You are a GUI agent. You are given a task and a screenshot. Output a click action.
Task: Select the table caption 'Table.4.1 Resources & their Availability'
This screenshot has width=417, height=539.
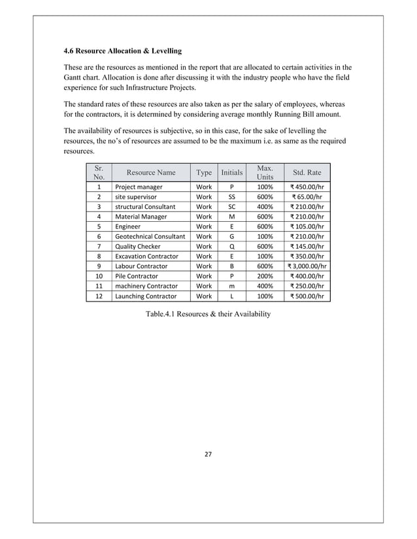[x=208, y=314]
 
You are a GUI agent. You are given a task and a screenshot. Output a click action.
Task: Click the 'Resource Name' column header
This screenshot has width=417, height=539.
[x=151, y=172]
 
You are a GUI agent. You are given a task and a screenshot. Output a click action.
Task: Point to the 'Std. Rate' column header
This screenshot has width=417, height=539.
[x=307, y=172]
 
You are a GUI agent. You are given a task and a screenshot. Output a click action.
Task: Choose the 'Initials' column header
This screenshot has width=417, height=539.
[x=231, y=172]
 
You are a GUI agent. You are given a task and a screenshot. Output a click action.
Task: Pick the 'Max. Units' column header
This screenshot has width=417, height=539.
[x=265, y=172]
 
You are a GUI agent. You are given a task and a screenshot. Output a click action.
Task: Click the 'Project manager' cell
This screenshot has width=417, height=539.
[x=139, y=187]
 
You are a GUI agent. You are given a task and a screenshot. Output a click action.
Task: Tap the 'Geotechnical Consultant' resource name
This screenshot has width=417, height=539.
[x=150, y=236]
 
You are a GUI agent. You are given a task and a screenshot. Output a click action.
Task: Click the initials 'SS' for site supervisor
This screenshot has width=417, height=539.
[x=231, y=196]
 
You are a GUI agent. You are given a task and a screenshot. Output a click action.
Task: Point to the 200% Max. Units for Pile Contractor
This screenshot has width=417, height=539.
[x=265, y=276]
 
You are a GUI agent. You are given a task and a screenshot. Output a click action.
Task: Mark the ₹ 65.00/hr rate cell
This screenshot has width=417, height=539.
[x=307, y=196]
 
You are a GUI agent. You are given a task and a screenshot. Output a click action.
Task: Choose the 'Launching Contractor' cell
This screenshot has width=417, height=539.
[x=146, y=296]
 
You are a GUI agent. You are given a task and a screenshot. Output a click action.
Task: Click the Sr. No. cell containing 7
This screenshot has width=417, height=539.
[x=98, y=247]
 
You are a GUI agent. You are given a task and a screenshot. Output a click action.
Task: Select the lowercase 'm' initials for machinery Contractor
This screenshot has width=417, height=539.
[x=231, y=286]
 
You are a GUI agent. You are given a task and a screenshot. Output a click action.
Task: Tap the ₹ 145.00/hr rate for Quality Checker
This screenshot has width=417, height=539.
[x=307, y=247]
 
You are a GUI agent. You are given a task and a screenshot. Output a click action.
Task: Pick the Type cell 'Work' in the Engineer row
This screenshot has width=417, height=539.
[x=204, y=226]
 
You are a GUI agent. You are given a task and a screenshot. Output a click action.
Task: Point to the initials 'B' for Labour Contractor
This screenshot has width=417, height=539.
[x=231, y=266]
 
